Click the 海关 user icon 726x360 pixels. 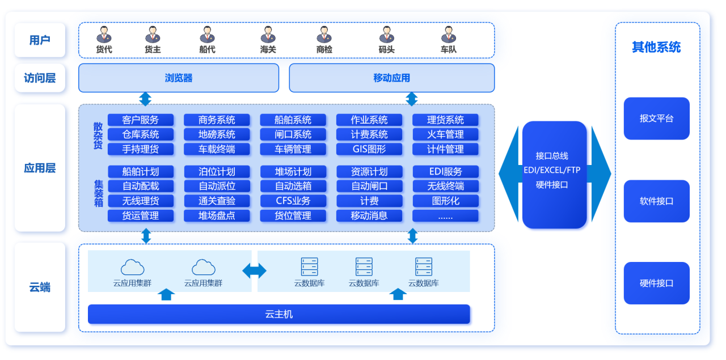(268, 35)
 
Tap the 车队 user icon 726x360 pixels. (449, 35)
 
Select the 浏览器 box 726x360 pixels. (179, 78)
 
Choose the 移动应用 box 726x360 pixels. (391, 78)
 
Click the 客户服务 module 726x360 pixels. (141, 120)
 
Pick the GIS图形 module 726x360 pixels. (369, 149)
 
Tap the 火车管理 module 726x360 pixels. (445, 134)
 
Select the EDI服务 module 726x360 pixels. (445, 171)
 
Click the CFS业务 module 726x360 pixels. (293, 201)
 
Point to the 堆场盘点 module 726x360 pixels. (217, 215)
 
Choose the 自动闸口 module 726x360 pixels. (369, 186)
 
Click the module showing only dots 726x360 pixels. (445, 215)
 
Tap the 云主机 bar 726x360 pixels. (279, 314)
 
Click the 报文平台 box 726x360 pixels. (656, 118)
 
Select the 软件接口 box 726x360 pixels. (656, 201)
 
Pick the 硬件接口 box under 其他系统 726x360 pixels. (656, 283)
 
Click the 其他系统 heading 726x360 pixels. (656, 48)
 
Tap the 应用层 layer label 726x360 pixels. (40, 168)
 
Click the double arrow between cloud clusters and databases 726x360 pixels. (254, 271)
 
